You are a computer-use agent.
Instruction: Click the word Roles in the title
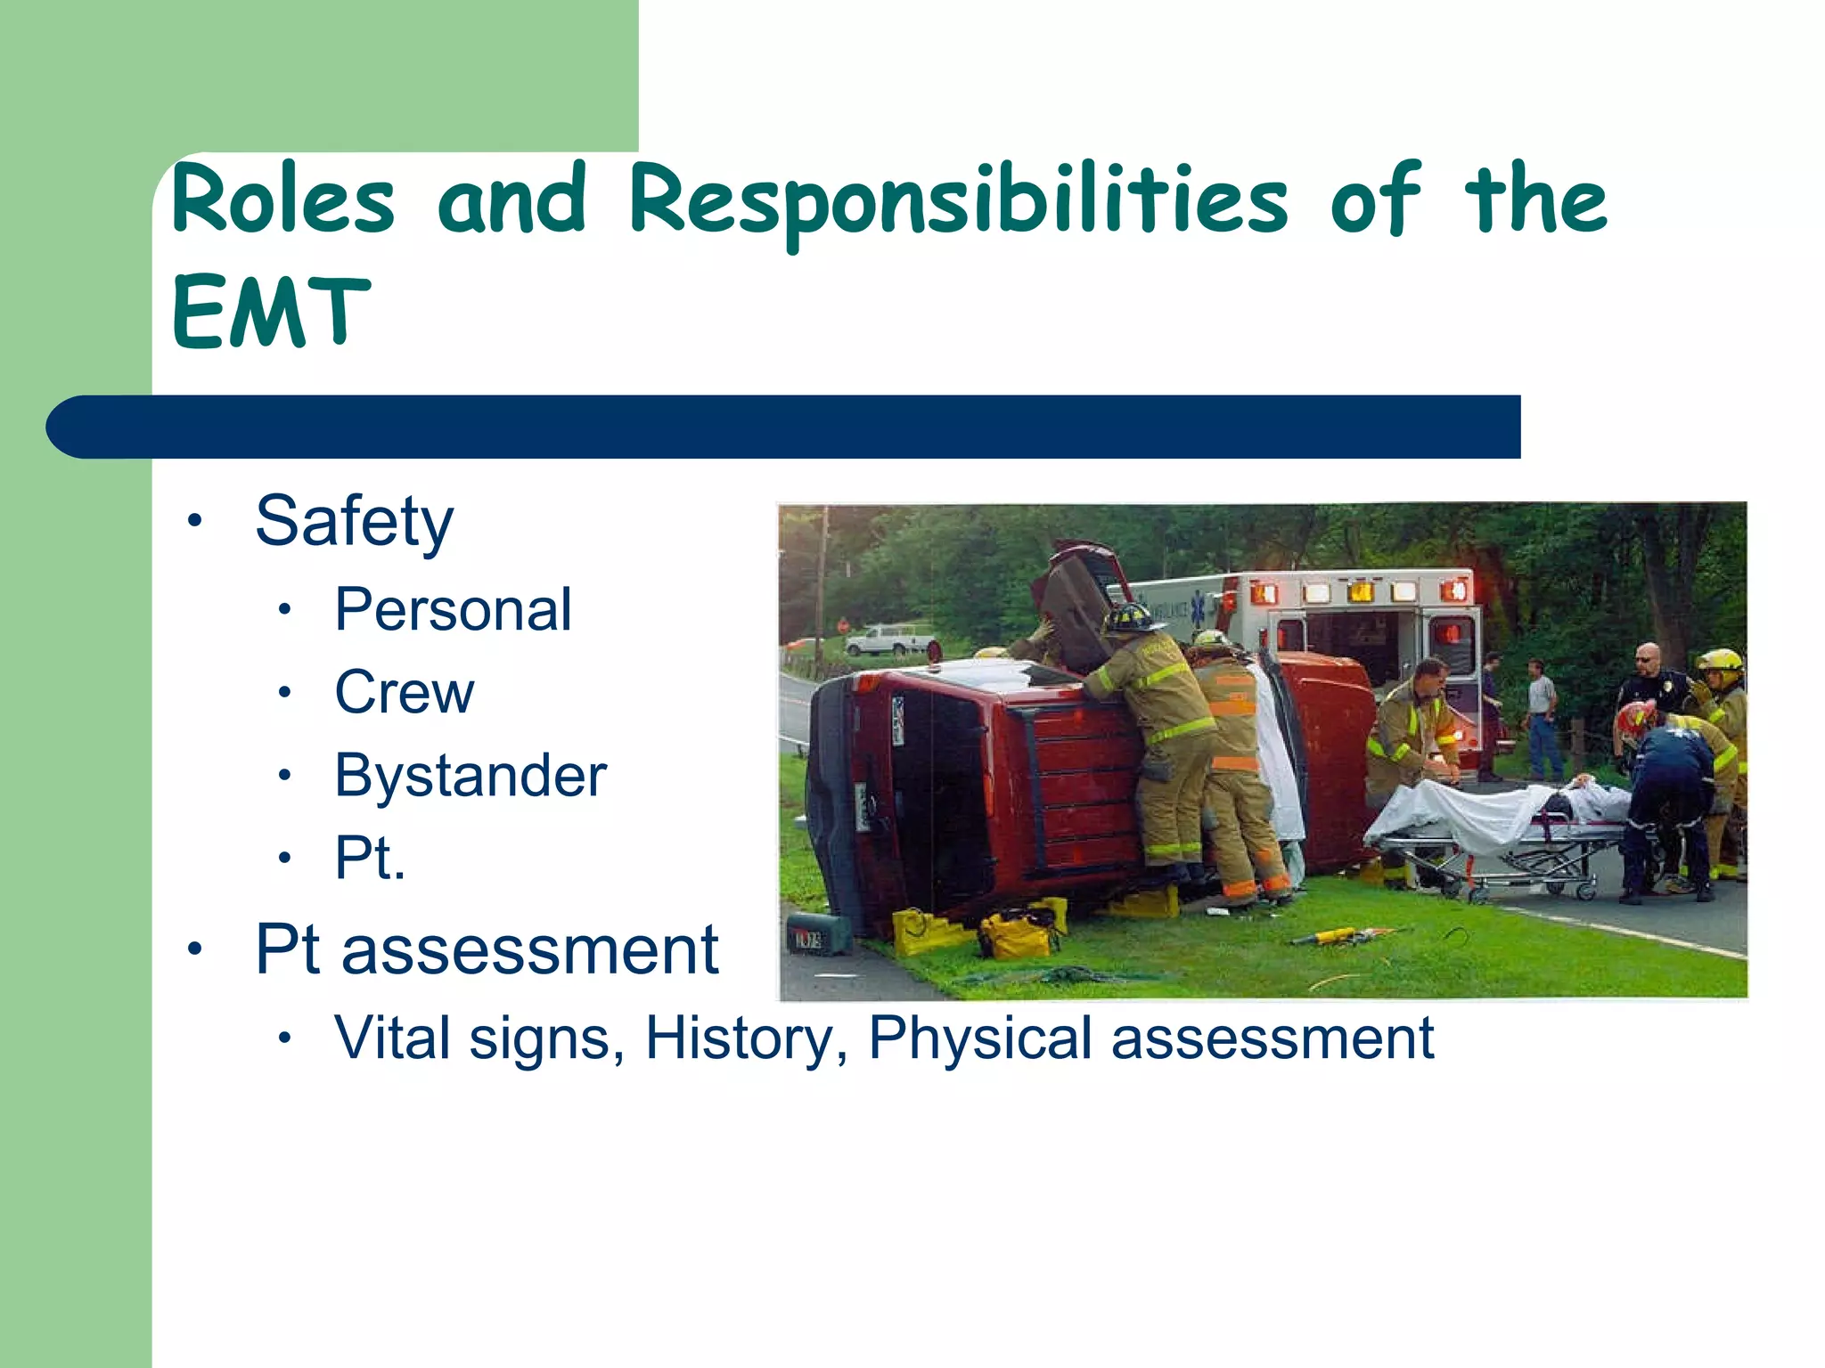point(283,200)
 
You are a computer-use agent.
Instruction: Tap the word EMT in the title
point(271,312)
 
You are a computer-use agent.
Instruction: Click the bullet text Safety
point(354,522)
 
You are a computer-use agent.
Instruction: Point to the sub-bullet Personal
point(453,610)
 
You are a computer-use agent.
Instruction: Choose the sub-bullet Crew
point(405,693)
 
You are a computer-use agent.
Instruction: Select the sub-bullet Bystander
point(471,776)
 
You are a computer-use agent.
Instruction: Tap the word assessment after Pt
point(529,950)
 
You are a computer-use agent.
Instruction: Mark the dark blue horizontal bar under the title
point(784,427)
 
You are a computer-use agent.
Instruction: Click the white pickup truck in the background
point(888,639)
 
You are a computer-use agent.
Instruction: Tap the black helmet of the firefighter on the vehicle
point(1130,616)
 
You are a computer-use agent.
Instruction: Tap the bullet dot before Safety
point(195,521)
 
